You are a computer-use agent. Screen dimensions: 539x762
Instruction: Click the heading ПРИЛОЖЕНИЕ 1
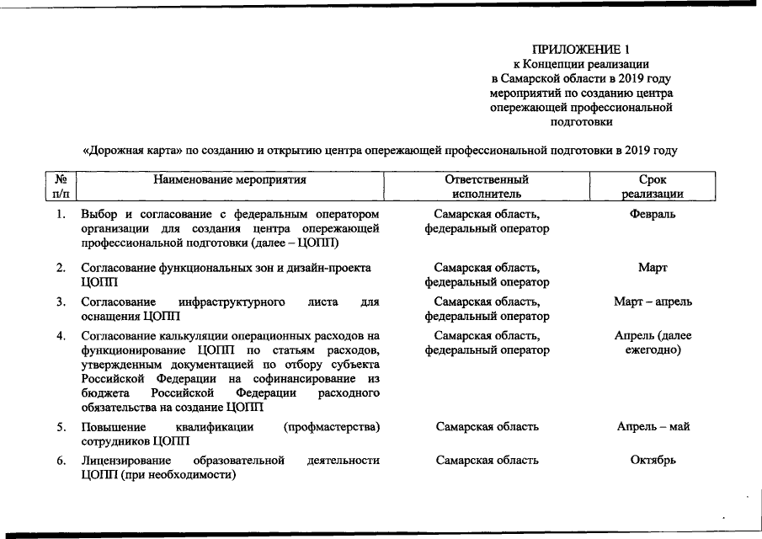(x=580, y=48)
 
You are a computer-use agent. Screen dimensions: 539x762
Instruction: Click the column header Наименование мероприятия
(x=229, y=179)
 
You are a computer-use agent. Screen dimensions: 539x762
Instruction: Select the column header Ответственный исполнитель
(x=487, y=186)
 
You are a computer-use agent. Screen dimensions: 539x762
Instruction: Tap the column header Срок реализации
(x=653, y=186)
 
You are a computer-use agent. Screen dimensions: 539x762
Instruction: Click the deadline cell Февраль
(x=653, y=214)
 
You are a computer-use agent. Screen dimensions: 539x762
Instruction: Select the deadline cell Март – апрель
(x=653, y=302)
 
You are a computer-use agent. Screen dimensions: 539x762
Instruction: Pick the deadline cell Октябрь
(x=653, y=461)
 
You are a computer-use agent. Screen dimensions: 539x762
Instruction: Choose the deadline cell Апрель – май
(x=653, y=426)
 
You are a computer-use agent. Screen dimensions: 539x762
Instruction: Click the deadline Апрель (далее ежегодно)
(x=653, y=343)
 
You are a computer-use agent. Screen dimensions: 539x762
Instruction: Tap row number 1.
(x=61, y=214)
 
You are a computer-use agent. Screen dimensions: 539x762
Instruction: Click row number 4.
(x=61, y=336)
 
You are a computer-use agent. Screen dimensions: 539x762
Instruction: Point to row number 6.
(x=61, y=461)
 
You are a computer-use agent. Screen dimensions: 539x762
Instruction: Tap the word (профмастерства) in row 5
(x=332, y=427)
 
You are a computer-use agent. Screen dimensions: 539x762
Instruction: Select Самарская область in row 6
(x=487, y=461)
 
